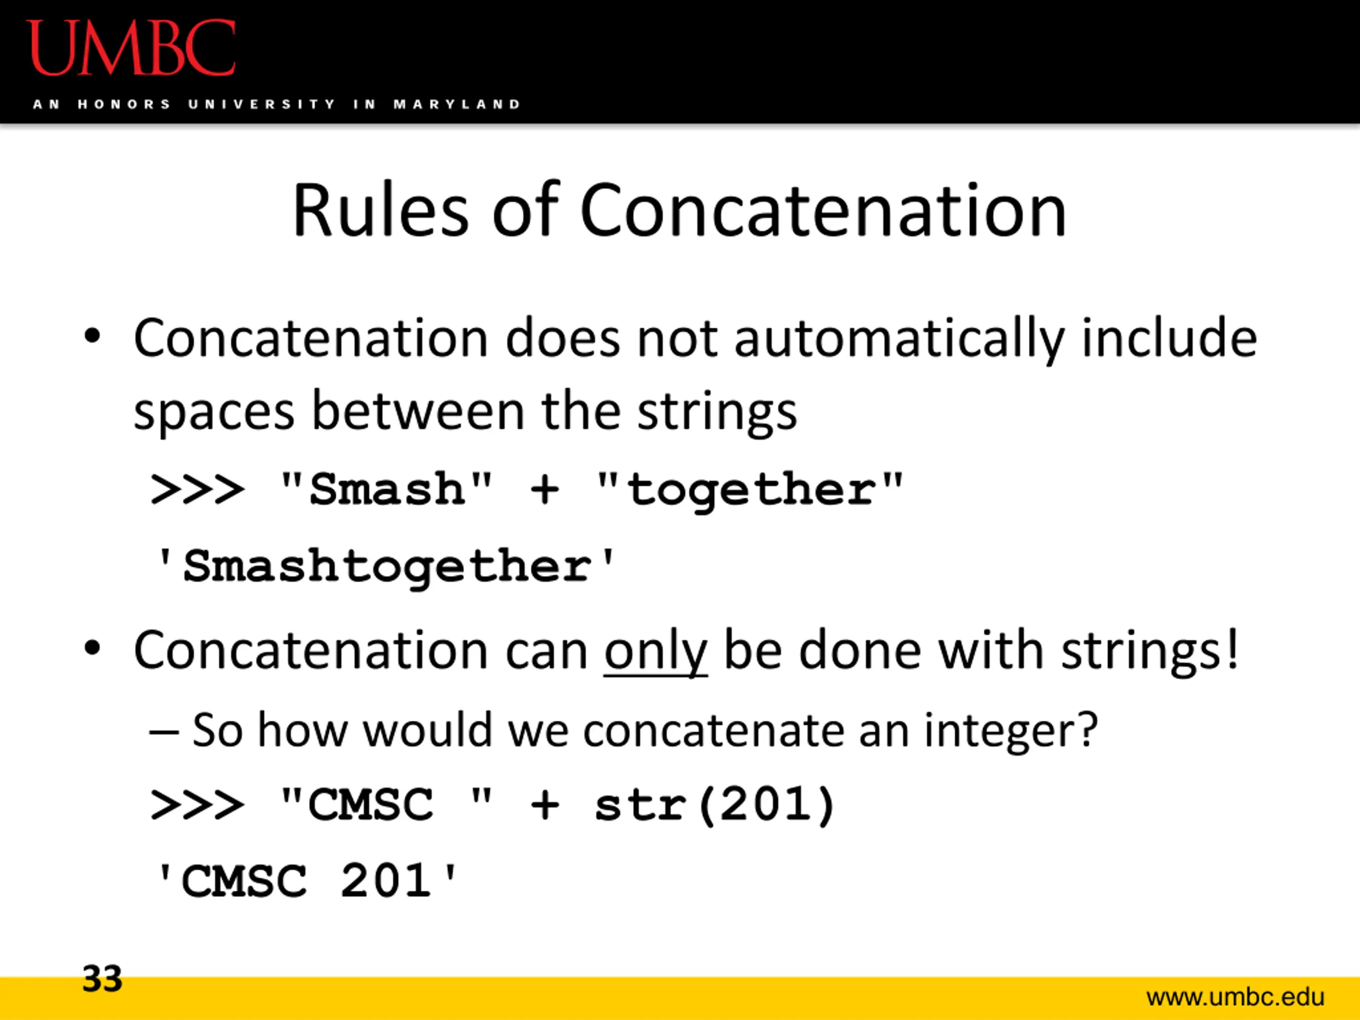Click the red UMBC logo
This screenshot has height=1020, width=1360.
(131, 48)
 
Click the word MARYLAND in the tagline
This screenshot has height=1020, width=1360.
(457, 105)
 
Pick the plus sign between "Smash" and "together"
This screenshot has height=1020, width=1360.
(545, 490)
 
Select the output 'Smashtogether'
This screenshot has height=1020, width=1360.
(386, 567)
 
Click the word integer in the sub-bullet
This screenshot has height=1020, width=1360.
(1011, 732)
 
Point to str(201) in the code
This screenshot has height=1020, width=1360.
(714, 805)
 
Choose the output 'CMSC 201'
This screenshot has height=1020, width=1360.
(306, 881)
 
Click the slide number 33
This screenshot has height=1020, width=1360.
(103, 978)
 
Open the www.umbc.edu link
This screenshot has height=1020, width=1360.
(1235, 996)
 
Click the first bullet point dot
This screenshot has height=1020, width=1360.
(92, 337)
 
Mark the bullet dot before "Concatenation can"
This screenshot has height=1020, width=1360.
(92, 649)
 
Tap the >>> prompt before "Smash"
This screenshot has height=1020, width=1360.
(197, 490)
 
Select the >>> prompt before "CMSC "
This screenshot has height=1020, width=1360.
(197, 805)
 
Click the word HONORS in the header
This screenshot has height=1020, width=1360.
(124, 105)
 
